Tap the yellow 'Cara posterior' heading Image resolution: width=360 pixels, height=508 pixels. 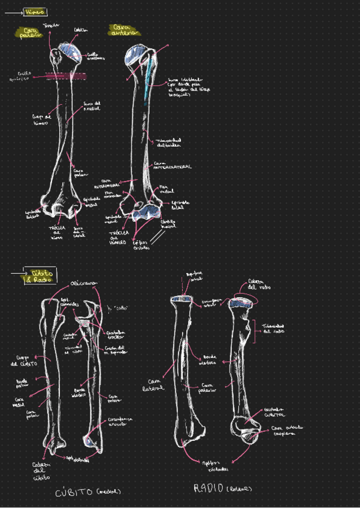(28, 34)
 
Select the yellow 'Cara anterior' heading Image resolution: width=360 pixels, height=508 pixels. (122, 30)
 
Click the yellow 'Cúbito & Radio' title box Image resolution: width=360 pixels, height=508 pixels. (40, 276)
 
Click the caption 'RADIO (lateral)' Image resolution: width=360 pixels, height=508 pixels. (222, 488)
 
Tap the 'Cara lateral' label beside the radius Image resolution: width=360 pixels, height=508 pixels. (154, 384)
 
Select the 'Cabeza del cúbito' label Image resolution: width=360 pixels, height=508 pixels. (41, 470)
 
